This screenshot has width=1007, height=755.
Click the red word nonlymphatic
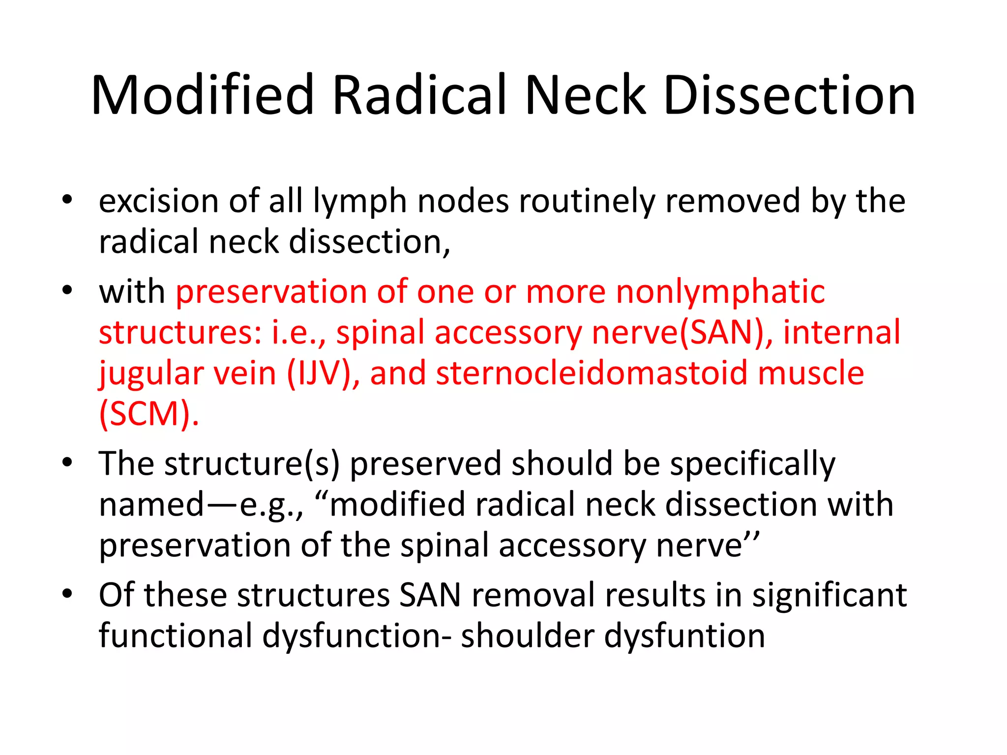click(x=720, y=292)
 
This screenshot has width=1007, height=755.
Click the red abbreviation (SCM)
click(x=148, y=414)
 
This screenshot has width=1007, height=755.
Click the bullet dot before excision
click(x=67, y=200)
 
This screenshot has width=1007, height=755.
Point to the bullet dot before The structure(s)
click(x=67, y=463)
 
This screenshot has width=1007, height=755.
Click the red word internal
click(x=842, y=332)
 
